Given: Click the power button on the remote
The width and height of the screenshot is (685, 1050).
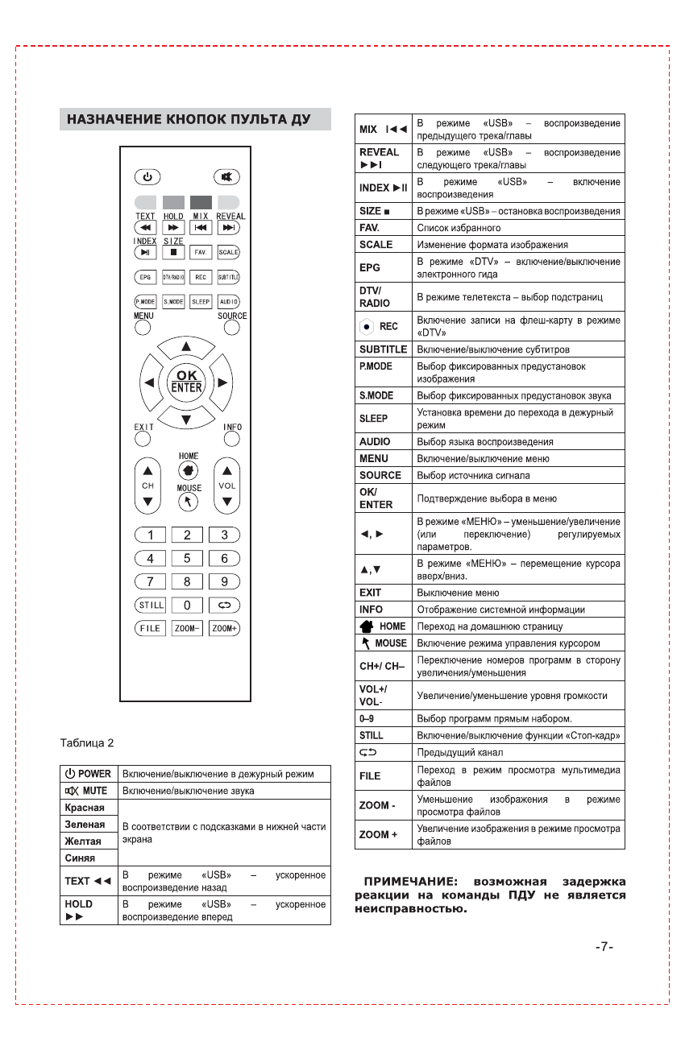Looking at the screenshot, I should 147,176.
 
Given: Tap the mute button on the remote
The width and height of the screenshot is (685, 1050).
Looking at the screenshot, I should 226,176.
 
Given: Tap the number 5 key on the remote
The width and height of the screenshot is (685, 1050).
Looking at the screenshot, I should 187,558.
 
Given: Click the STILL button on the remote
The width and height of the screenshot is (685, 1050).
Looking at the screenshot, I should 149,605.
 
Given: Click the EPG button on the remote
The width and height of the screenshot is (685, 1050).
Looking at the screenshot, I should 145,277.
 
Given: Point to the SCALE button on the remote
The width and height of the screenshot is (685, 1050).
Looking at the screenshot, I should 228,252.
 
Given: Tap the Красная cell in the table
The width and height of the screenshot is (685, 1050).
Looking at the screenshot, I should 85,808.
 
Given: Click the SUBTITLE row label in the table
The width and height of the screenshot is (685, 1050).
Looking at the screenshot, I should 383,349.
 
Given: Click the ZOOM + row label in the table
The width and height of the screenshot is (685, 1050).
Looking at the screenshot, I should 378,834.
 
